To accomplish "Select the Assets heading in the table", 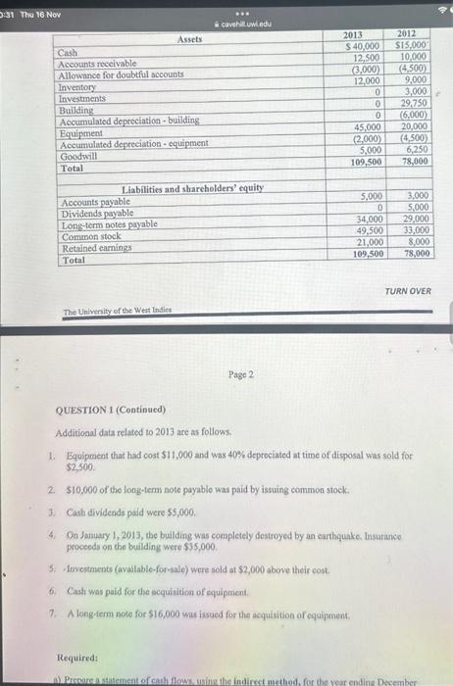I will (x=191, y=39).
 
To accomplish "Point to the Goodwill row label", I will (x=77, y=156).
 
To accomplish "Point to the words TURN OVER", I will (x=407, y=291).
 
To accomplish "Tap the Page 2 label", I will (x=240, y=374).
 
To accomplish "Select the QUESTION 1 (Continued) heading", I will (x=111, y=409).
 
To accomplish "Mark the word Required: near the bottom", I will (x=77, y=659).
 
